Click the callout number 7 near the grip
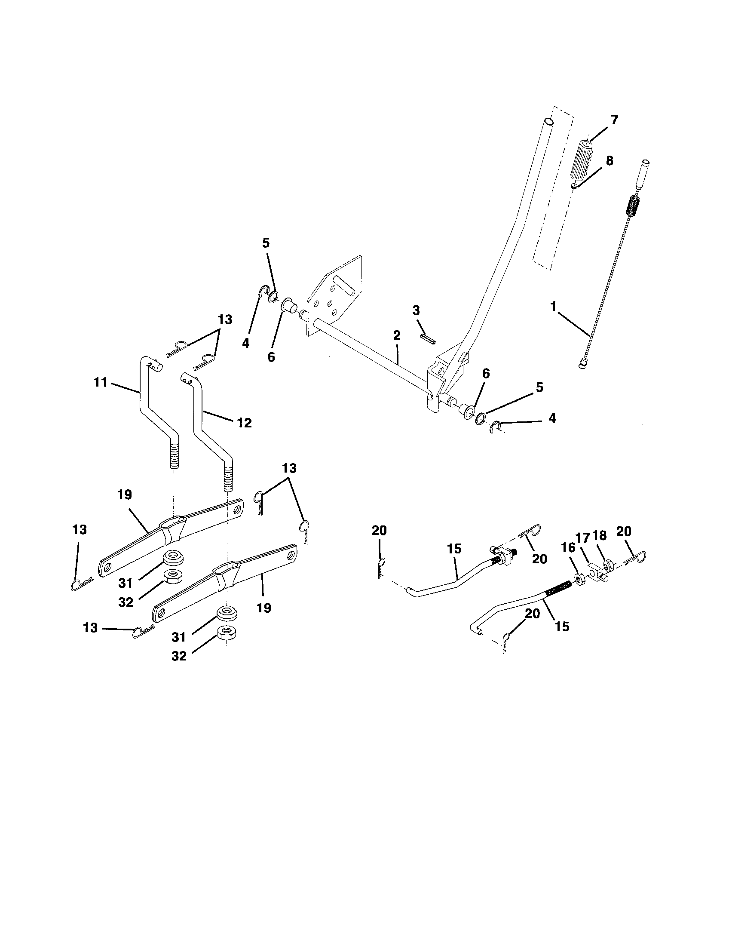point(614,120)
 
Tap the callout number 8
point(609,161)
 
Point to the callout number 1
point(553,307)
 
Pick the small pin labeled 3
point(428,338)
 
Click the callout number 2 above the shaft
point(397,335)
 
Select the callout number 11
point(101,383)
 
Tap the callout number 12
point(244,423)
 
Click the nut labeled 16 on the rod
point(579,577)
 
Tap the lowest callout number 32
point(179,656)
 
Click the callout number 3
point(416,310)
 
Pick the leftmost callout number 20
point(379,531)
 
